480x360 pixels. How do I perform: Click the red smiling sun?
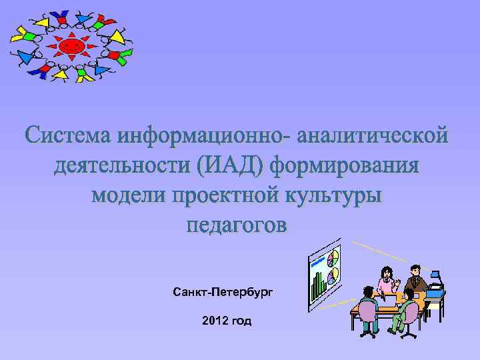tap(72, 46)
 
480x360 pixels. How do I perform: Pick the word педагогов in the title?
tap(237, 225)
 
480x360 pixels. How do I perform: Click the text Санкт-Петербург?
tap(223, 292)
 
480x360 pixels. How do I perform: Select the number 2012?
tap(213, 321)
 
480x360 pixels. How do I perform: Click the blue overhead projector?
tap(435, 283)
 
